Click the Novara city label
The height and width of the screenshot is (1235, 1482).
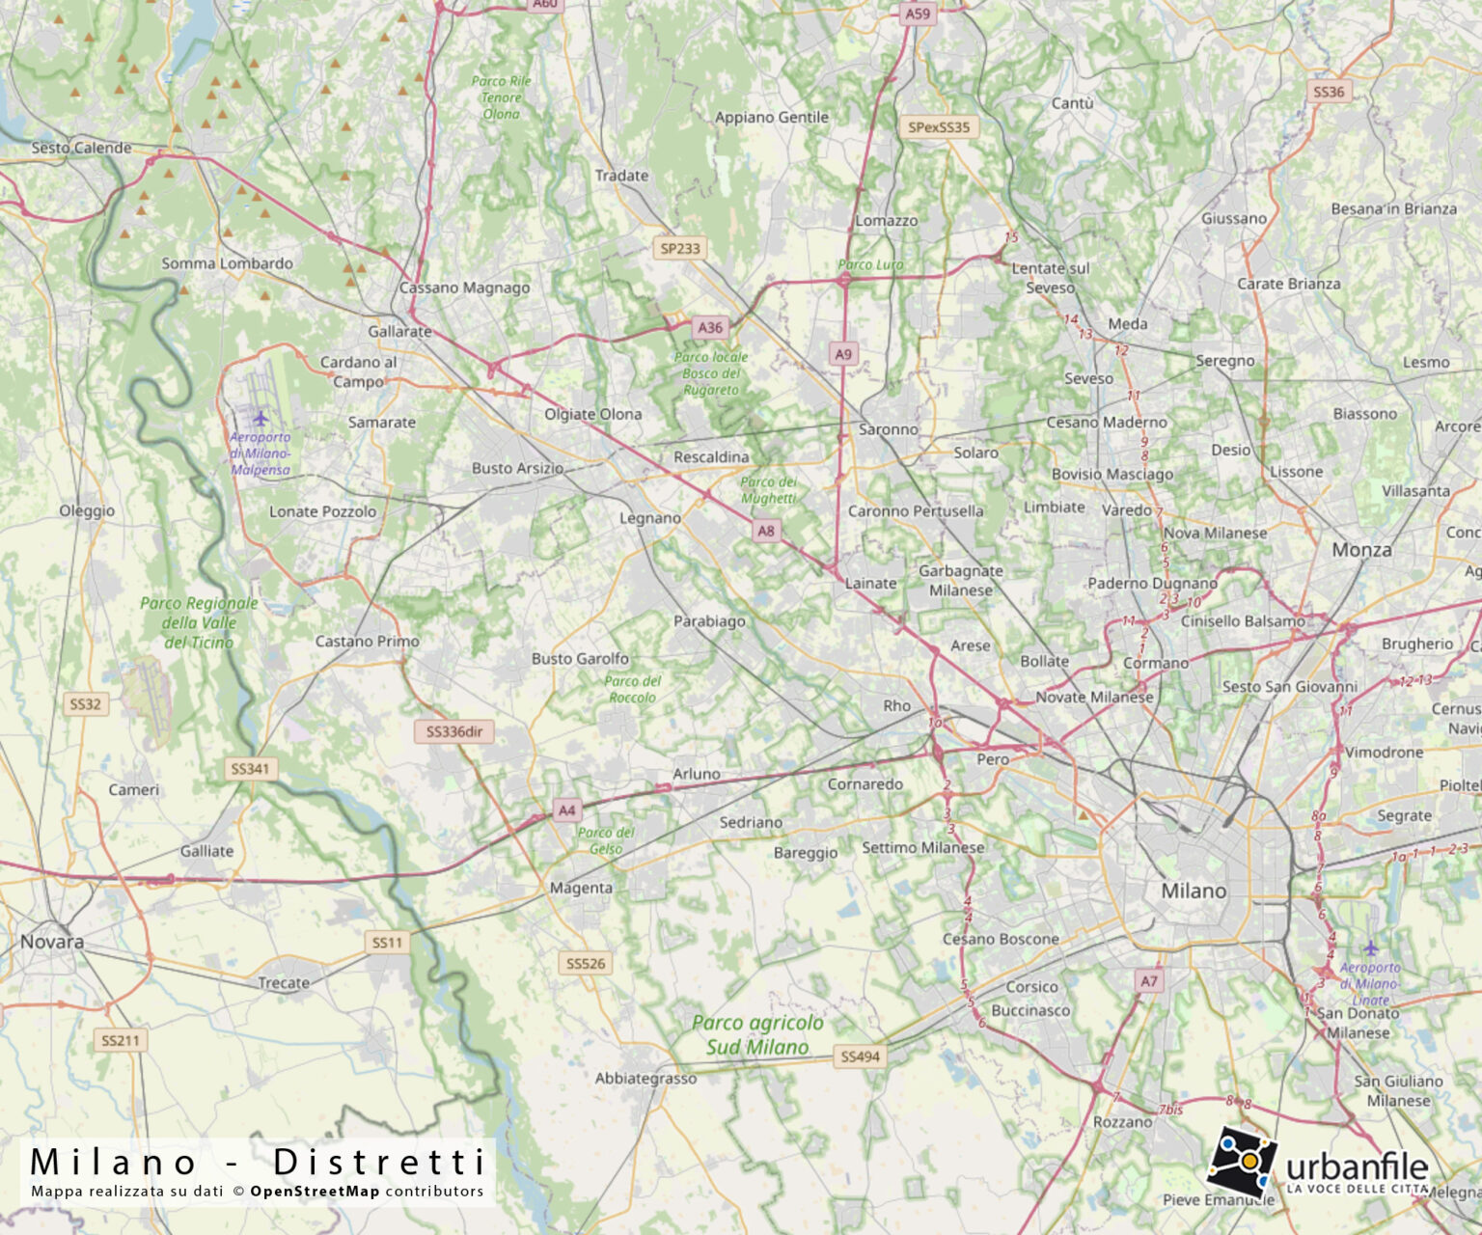point(52,941)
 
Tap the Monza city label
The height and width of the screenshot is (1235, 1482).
point(1361,550)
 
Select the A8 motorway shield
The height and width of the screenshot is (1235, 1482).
point(766,530)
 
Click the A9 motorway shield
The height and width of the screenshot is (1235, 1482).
point(843,354)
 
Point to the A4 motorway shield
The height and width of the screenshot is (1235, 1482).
point(567,810)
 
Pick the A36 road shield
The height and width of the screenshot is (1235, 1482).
point(710,327)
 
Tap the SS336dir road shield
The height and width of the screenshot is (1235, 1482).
point(454,731)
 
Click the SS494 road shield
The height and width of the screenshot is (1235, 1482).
point(860,1057)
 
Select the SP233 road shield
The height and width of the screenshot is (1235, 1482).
point(680,248)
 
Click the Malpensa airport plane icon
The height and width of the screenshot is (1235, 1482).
point(260,418)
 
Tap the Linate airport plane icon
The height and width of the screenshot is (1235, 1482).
point(1370,947)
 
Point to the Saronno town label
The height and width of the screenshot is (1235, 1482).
point(889,429)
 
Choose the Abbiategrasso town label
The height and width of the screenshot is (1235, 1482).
point(645,1079)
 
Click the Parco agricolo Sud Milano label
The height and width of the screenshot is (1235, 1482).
point(757,1034)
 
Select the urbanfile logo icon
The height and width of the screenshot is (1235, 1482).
point(1241,1161)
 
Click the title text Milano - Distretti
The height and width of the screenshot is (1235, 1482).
point(258,1162)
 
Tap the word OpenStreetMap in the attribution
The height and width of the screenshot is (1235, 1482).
point(315,1191)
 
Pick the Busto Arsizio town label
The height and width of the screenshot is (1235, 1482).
point(517,468)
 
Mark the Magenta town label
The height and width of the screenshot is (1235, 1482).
point(581,888)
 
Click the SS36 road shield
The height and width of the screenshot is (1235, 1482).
point(1329,92)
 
